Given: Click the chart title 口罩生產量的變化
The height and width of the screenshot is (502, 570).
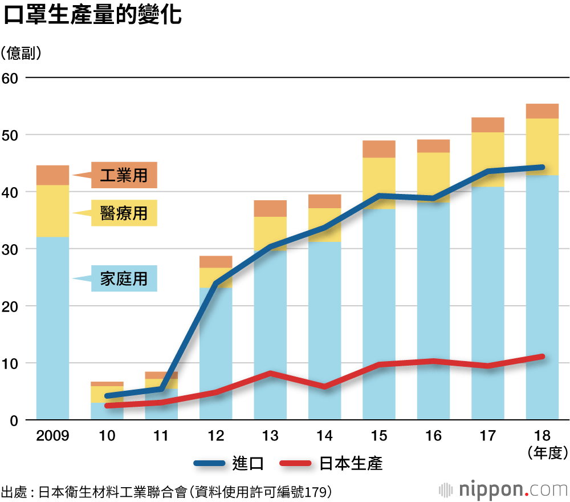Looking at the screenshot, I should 93,16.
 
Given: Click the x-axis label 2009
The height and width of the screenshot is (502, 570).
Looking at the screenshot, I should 52,436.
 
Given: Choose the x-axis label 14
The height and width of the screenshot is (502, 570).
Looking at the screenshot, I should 324,436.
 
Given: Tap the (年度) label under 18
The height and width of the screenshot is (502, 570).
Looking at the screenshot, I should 548,453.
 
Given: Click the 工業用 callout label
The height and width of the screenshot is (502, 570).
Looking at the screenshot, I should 124,175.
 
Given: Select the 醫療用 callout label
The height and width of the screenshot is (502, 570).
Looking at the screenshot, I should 124,213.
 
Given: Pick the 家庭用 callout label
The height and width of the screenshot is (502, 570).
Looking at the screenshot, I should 124,278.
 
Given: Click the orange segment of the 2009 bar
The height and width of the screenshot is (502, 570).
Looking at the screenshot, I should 52,175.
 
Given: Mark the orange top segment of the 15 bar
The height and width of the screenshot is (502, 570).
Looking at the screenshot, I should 379,149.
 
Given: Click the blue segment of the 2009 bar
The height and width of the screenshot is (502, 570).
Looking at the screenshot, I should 52,328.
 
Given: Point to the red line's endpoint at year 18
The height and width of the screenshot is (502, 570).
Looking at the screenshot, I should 542,357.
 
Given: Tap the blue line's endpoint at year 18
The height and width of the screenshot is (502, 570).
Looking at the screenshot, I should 542,167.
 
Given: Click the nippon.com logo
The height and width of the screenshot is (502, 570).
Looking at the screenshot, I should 504,489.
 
